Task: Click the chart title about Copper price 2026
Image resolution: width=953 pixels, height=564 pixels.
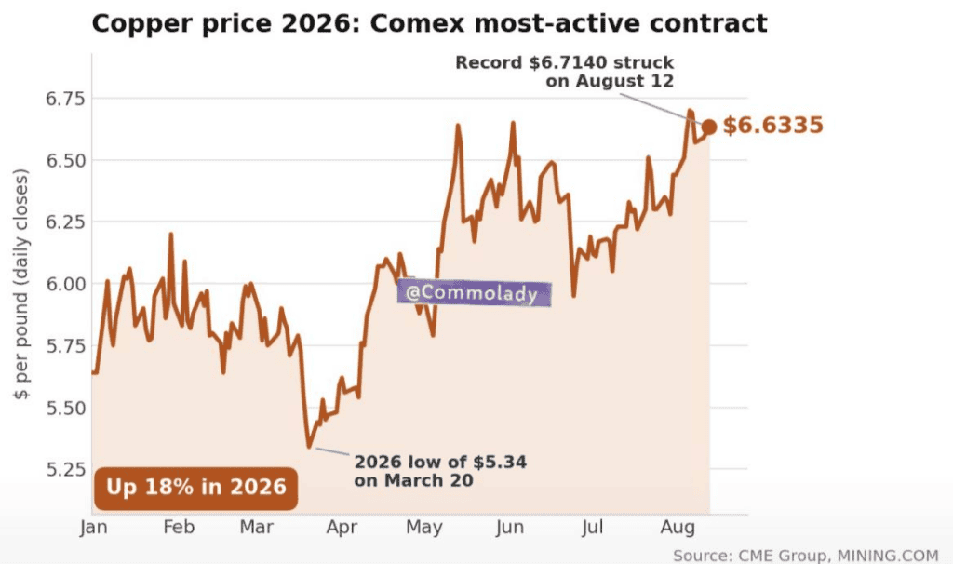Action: point(429,23)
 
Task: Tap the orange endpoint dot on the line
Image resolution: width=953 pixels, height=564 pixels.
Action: point(708,127)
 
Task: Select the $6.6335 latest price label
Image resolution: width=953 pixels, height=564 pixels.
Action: point(773,126)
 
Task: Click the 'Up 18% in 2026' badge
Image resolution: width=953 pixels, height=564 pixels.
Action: point(195,488)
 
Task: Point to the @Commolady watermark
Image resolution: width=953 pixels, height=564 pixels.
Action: point(474,293)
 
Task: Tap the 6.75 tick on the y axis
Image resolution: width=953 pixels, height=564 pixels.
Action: point(65,99)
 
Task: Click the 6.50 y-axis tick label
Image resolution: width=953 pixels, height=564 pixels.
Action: point(65,161)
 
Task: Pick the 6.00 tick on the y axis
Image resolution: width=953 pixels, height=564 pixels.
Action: point(65,284)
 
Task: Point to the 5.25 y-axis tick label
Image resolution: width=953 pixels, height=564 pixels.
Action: point(65,469)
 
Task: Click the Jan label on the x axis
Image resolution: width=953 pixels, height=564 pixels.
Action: point(94,527)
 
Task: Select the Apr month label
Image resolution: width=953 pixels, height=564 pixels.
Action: point(342,527)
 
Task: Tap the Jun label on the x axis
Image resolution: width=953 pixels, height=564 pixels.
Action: point(509,527)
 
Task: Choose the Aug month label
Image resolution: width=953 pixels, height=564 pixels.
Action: point(678,527)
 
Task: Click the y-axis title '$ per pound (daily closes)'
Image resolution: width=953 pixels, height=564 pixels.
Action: point(20,284)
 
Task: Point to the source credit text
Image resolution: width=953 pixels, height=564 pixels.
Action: point(806,556)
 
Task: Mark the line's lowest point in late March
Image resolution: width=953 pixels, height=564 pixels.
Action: point(309,447)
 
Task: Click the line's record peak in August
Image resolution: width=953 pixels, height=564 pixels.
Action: point(690,112)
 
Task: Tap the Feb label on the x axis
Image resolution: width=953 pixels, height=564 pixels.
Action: point(179,527)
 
